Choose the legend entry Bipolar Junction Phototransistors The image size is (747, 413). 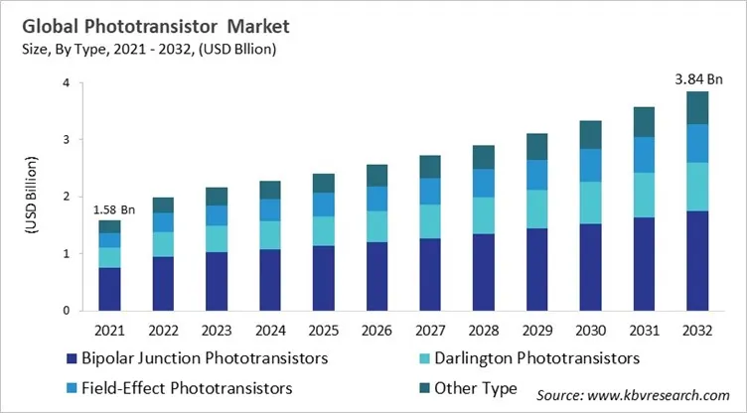[x=199, y=357]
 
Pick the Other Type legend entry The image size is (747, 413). [x=480, y=388]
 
